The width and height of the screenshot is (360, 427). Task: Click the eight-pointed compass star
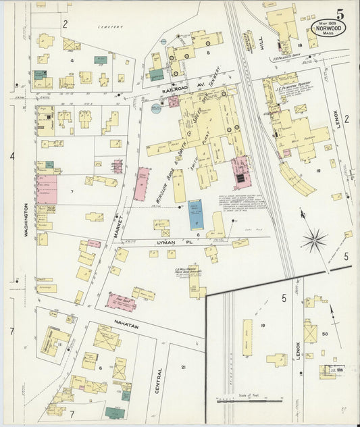(314, 238)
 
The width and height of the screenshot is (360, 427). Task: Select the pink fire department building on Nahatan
(121, 301)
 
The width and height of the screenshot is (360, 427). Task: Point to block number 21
(182, 367)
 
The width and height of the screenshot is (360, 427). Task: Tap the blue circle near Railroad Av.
(157, 109)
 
